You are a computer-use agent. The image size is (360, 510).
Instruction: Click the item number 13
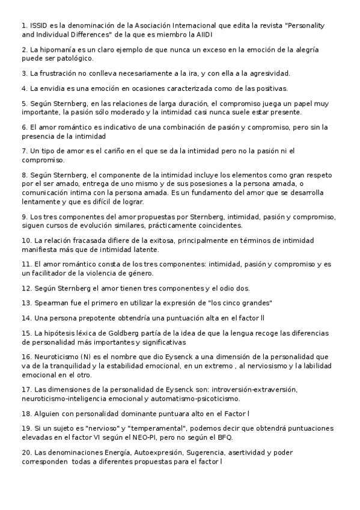click(26, 303)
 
